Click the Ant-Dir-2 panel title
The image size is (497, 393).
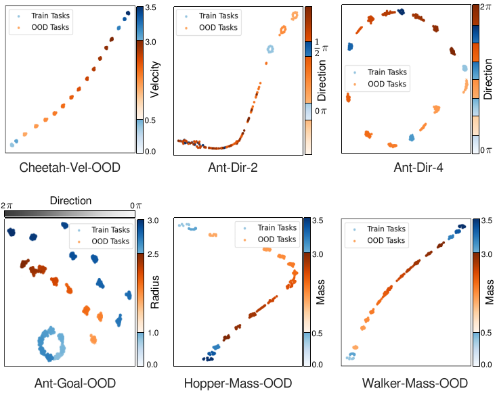[x=238, y=167]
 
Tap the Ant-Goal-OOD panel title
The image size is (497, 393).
[x=74, y=384]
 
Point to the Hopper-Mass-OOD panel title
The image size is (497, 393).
[x=238, y=384]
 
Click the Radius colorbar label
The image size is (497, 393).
[x=155, y=292]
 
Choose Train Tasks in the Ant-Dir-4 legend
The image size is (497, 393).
[x=387, y=72]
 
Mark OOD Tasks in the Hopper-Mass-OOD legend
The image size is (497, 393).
[x=276, y=239]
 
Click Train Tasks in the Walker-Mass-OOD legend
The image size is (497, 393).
[x=385, y=229]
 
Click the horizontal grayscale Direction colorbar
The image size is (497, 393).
[x=71, y=213]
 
